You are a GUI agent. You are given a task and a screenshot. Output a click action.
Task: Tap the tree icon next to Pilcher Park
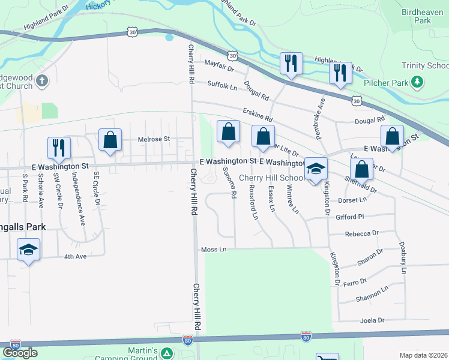click(417, 82)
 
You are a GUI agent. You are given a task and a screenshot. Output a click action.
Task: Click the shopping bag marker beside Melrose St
click(110, 140)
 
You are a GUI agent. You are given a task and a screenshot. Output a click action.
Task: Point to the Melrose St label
click(155, 139)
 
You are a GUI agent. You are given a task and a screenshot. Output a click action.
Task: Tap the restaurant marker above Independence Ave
click(59, 148)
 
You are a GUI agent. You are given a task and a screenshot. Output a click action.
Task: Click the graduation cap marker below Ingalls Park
click(28, 250)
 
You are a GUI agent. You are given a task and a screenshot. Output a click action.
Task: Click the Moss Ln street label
click(214, 249)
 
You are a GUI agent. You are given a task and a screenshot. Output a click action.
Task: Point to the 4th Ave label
click(76, 256)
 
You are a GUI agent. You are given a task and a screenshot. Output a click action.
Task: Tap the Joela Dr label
click(372, 320)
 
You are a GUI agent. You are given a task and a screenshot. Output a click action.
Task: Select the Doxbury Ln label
click(403, 259)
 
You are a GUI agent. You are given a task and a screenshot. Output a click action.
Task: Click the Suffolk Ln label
click(223, 87)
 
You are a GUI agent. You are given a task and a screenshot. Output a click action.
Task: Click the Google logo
click(20, 353)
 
